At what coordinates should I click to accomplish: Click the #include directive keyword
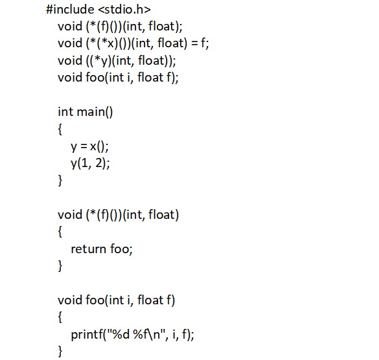70,10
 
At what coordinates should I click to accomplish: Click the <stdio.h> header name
124,10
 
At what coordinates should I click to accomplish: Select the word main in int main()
91,112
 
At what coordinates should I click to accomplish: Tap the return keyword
89,249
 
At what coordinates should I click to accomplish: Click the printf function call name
87,335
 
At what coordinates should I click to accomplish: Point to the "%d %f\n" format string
136,334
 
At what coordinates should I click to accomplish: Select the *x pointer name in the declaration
108,43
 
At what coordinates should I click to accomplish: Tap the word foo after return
120,249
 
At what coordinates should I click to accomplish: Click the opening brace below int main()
60,129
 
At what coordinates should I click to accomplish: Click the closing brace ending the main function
60,181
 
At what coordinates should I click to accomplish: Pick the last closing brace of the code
60,352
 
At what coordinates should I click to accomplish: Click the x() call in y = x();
98,146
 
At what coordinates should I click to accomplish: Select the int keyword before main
65,112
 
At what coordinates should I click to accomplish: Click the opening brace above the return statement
60,232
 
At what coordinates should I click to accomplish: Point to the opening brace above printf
60,317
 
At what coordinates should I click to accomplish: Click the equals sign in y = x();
84,146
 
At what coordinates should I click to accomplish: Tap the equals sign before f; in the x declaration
194,43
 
